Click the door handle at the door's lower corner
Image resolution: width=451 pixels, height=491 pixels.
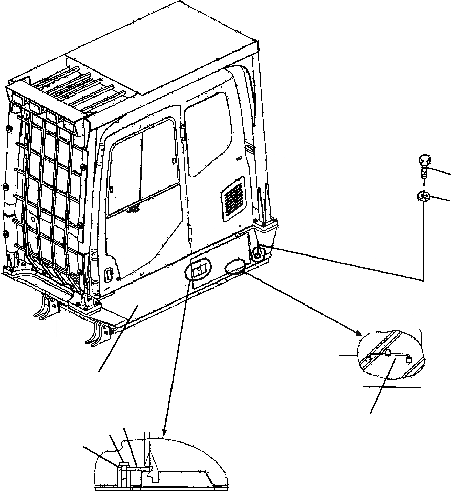pyautogui.click(x=110, y=274)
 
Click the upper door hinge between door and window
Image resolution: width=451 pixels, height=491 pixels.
pyautogui.click(x=183, y=130)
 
